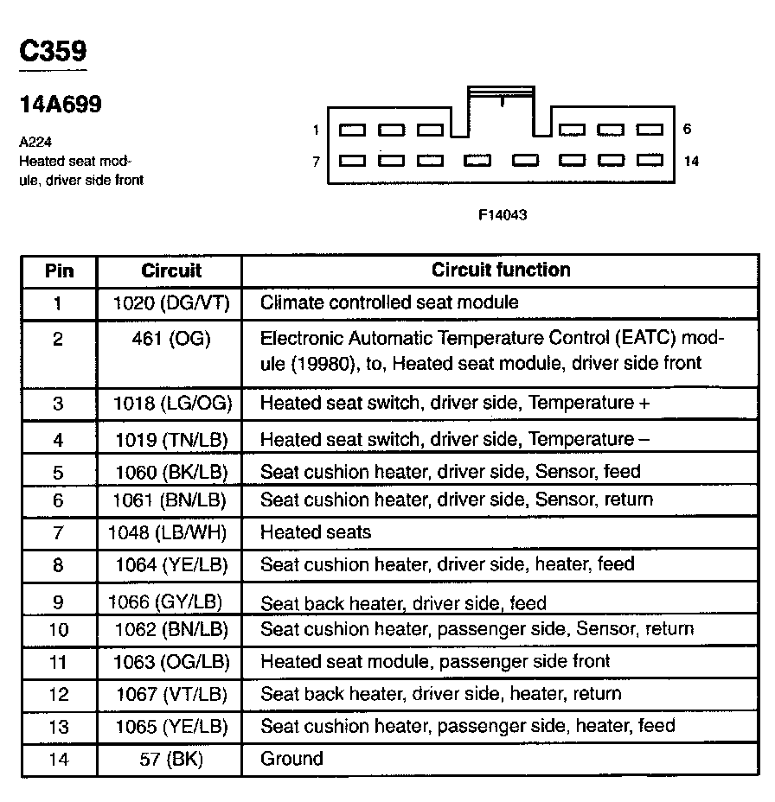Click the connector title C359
[53, 51]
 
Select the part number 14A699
[61, 105]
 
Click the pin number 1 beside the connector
[317, 130]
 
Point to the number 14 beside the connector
[690, 161]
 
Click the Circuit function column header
[501, 270]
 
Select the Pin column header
[59, 271]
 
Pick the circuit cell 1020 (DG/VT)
[170, 302]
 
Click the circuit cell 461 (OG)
[170, 338]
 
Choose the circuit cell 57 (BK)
[170, 759]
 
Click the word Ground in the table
[291, 759]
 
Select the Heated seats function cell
[315, 532]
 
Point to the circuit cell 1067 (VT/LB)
[170, 694]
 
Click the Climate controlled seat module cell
[389, 302]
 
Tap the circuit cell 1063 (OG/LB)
[170, 662]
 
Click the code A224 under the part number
[31, 143]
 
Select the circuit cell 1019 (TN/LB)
[170, 439]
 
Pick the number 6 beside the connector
[687, 130]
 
